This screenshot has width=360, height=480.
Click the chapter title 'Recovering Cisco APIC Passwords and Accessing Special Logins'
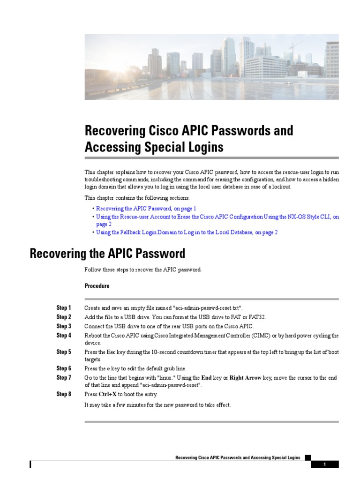(x=189, y=139)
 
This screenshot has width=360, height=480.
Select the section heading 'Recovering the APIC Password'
(x=107, y=254)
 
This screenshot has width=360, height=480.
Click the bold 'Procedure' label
(x=97, y=286)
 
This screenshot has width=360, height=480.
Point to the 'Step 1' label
(x=64, y=308)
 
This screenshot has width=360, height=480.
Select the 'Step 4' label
(x=64, y=336)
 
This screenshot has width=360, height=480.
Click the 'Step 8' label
(x=64, y=394)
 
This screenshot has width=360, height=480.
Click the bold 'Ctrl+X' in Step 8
(x=108, y=394)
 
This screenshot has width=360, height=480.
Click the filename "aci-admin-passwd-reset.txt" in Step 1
(x=208, y=308)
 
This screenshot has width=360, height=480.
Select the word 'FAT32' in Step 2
(x=256, y=317)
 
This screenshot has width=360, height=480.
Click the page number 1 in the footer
(x=324, y=465)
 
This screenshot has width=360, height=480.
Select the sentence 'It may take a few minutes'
(x=157, y=405)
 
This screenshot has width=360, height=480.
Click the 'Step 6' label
(x=64, y=368)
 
